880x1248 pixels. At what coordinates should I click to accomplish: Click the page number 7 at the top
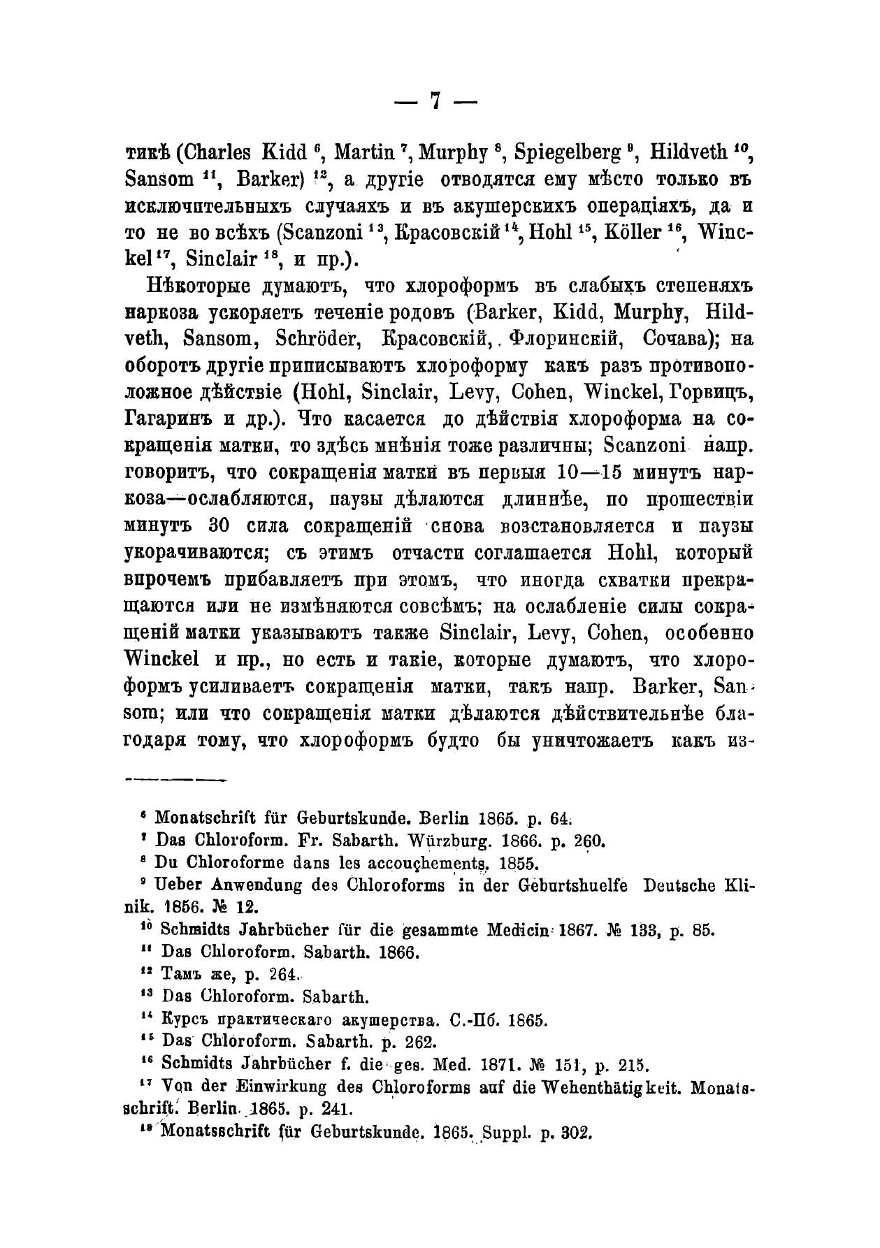[435, 102]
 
